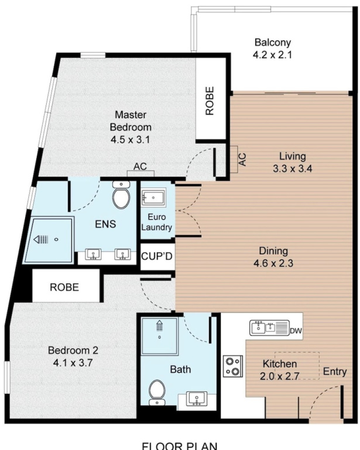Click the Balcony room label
273,42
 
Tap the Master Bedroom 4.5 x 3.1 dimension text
130,140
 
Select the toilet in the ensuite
121,195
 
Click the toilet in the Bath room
157,393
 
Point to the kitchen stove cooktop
233,366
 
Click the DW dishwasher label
296,331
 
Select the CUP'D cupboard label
157,256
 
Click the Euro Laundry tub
153,197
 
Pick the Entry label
335,371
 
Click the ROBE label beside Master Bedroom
210,101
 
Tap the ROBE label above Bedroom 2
64,287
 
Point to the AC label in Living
242,159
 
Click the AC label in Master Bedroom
140,166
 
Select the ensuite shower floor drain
56,239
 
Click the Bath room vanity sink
197,399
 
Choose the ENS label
105,224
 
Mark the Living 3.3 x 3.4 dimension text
292,169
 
